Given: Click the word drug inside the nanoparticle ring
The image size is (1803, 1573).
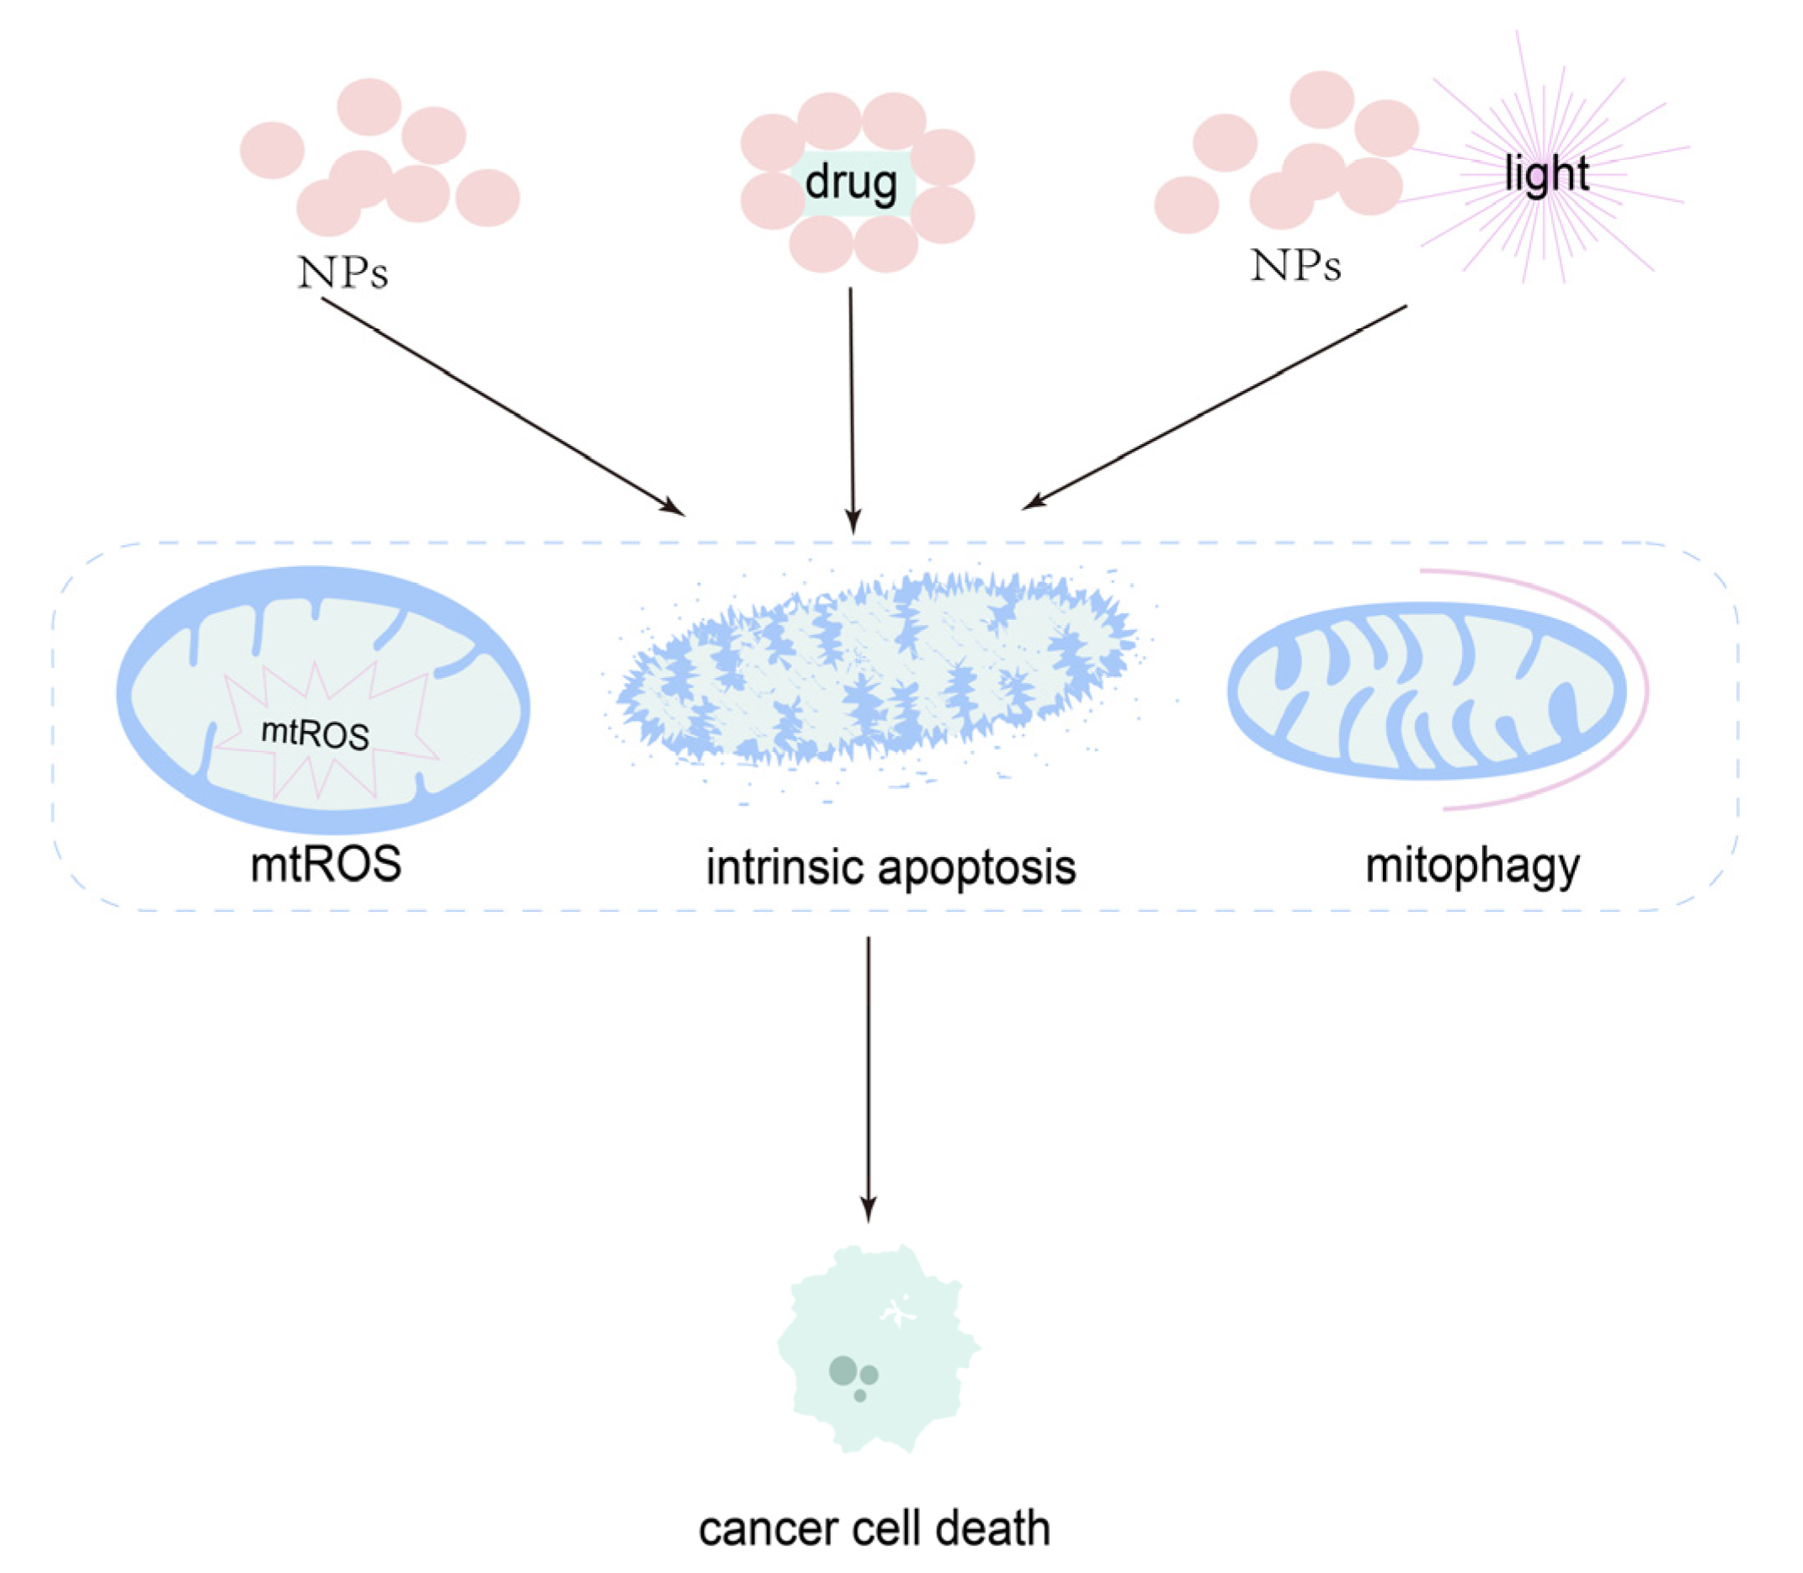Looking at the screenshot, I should (850, 183).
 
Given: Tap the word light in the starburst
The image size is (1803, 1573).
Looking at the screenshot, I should (1545, 173).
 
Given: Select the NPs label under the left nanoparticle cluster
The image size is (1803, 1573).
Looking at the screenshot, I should (343, 273).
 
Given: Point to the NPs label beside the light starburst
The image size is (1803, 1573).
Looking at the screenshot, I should (1295, 265).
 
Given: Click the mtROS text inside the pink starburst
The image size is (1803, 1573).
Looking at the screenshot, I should (316, 734).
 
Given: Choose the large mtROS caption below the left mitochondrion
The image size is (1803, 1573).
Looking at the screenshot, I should (326, 865).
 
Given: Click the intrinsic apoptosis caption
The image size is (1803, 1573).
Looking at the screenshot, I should (891, 867).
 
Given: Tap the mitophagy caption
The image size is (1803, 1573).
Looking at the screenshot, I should (1473, 866).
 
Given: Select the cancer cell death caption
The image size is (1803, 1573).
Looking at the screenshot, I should (874, 1528).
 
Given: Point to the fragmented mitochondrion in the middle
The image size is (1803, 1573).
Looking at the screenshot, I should (878, 667).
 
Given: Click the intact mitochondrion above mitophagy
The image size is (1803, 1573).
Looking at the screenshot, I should (1427, 691).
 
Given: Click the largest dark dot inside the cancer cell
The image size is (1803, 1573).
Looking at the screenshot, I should (843, 1369).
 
